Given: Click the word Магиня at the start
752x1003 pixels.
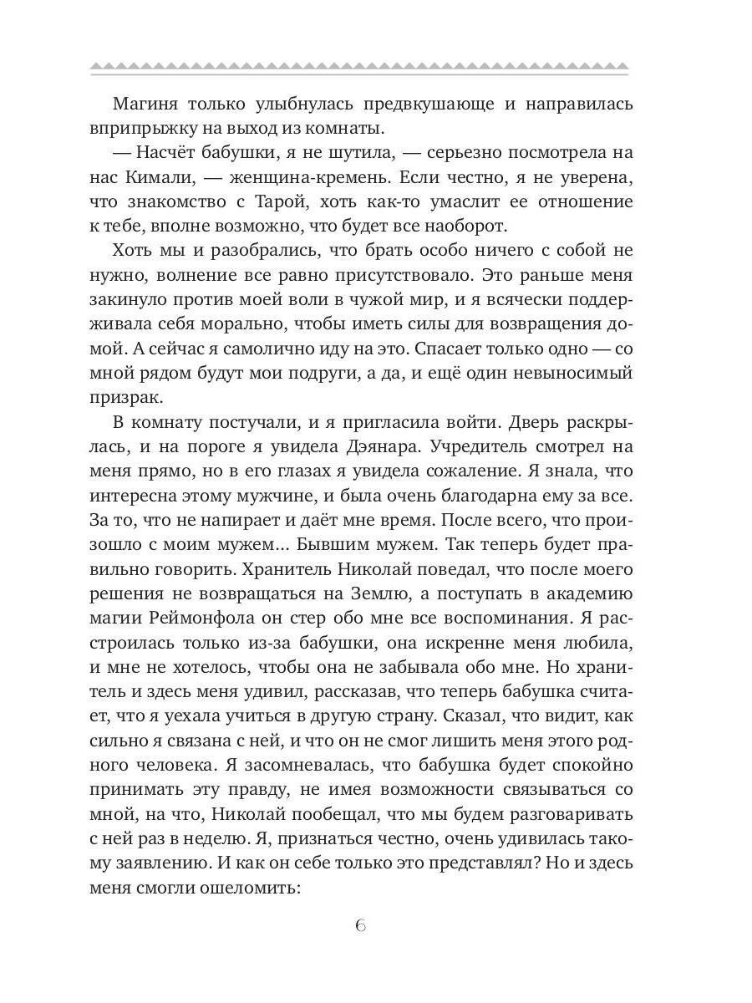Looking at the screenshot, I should (145, 104).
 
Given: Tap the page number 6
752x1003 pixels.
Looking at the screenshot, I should (359, 926).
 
